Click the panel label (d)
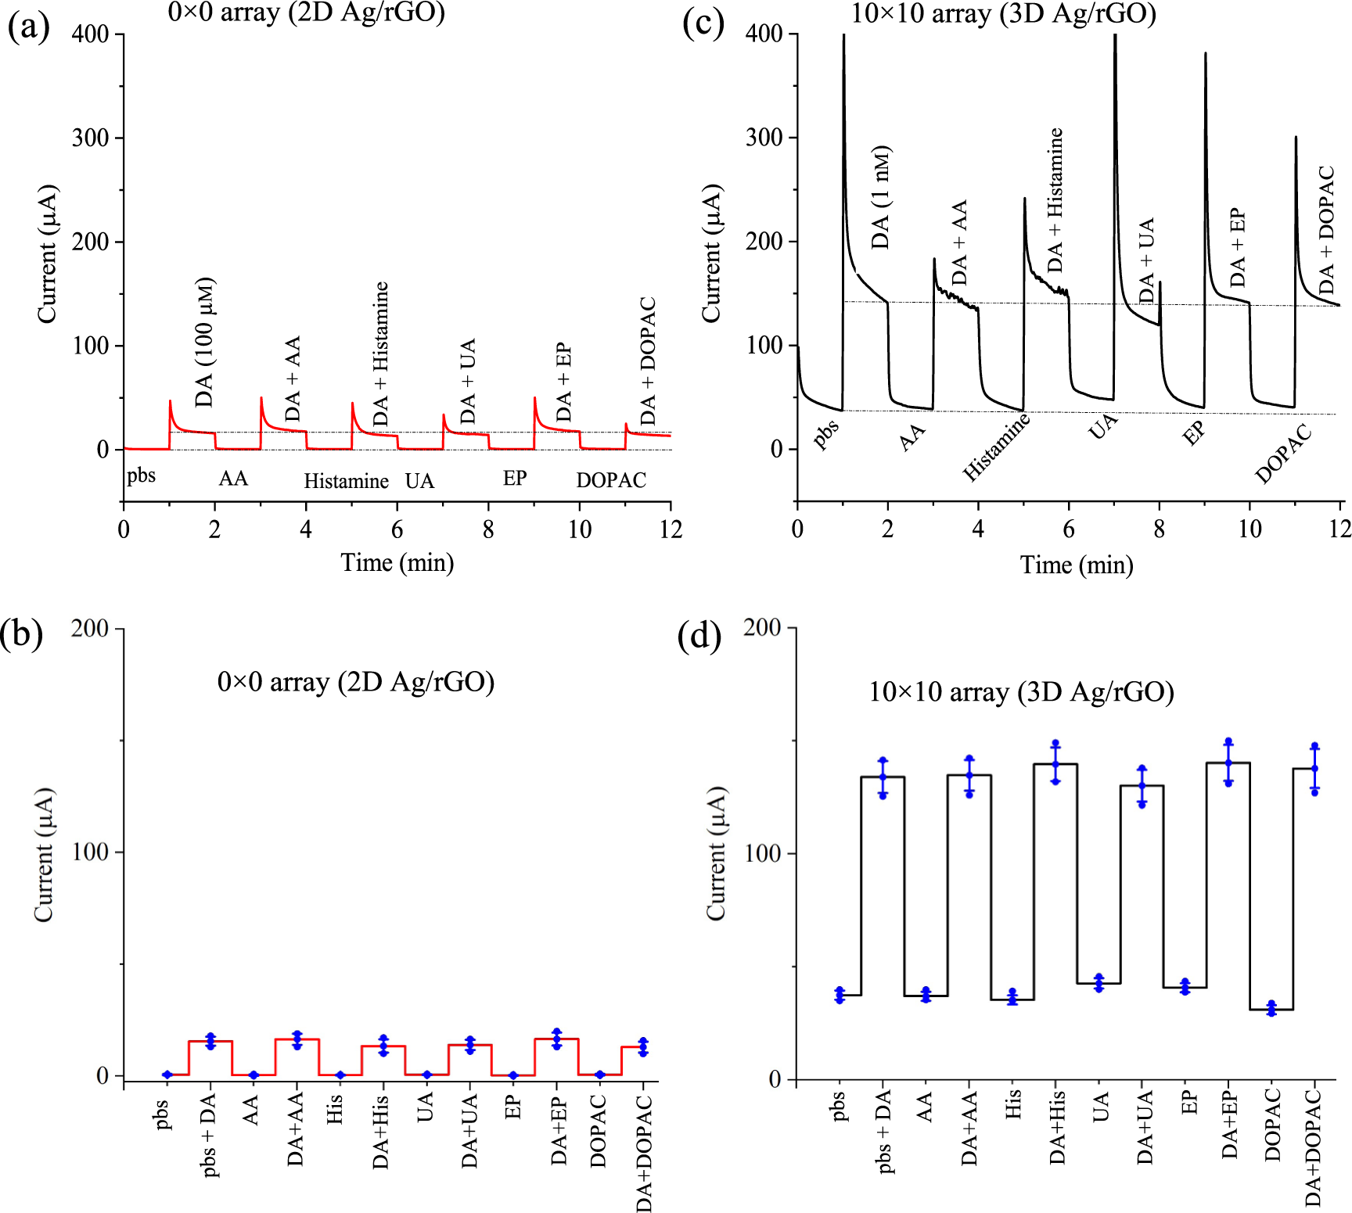[x=699, y=636]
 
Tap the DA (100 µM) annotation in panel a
[x=205, y=342]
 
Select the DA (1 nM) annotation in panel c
[x=881, y=197]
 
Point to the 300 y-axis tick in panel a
[x=91, y=138]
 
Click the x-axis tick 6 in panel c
[x=1068, y=530]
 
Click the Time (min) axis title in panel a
[x=397, y=562]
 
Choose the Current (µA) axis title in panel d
[x=717, y=853]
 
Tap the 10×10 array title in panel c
[x=1003, y=14]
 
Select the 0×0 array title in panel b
[x=356, y=682]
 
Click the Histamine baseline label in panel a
[x=346, y=481]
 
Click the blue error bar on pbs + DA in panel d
[x=883, y=778]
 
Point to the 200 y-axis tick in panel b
[x=90, y=629]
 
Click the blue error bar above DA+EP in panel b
[x=556, y=1039]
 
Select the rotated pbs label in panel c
[x=825, y=433]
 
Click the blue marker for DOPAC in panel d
[x=1271, y=1009]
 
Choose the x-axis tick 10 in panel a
[x=579, y=530]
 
